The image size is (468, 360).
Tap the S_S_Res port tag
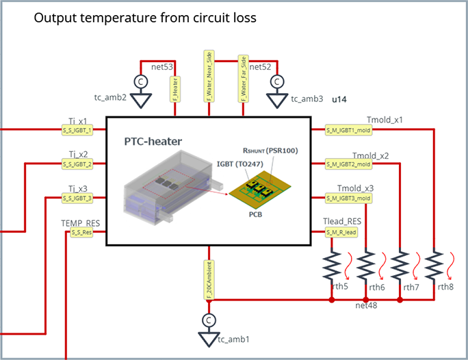pyautogui.click(x=82, y=233)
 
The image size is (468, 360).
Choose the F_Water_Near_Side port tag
pyautogui.click(x=209, y=75)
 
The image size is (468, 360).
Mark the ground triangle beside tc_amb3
pyautogui.click(x=277, y=100)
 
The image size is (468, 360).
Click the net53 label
pyautogui.click(x=163, y=66)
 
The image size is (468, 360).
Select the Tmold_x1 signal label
pyautogui.click(x=385, y=119)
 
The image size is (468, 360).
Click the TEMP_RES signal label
pyautogui.click(x=80, y=223)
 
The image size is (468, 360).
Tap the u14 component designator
pyautogui.click(x=339, y=100)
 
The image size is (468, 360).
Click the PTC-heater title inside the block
pyautogui.click(x=153, y=142)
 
